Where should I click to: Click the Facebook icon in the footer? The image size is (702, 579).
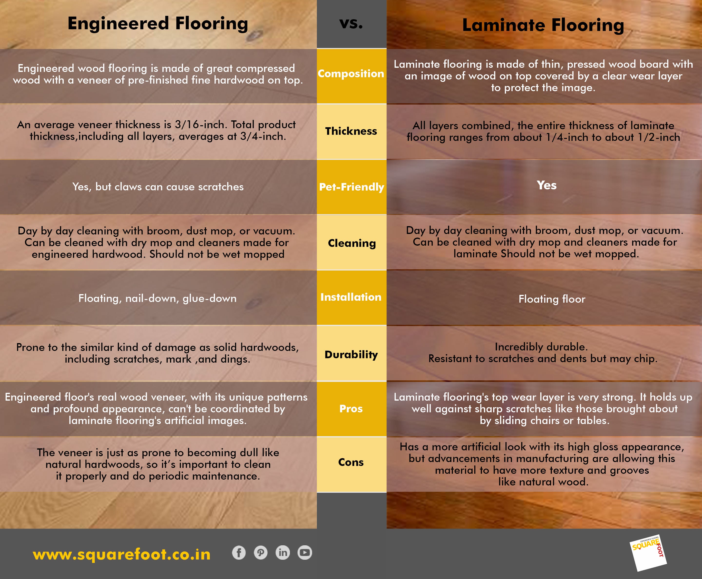pyautogui.click(x=239, y=553)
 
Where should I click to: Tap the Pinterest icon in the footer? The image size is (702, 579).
pyautogui.click(x=261, y=553)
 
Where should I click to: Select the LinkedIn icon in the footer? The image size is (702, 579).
pyautogui.click(x=283, y=553)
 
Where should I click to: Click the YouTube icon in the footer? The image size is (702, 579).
pyautogui.click(x=305, y=553)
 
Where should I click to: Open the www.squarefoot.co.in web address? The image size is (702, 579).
pyautogui.click(x=122, y=555)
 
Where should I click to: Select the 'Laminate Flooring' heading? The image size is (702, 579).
pyautogui.click(x=543, y=25)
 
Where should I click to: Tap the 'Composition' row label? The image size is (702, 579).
pyautogui.click(x=351, y=74)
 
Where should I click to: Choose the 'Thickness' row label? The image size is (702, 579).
pyautogui.click(x=351, y=131)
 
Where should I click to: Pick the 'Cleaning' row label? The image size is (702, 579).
pyautogui.click(x=352, y=243)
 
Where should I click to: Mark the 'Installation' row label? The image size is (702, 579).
pyautogui.click(x=351, y=297)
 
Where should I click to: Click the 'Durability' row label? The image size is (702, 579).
pyautogui.click(x=351, y=355)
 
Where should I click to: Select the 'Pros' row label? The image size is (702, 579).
pyautogui.click(x=351, y=409)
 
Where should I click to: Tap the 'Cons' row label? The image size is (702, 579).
pyautogui.click(x=351, y=462)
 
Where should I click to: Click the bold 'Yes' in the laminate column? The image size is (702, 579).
pyautogui.click(x=546, y=185)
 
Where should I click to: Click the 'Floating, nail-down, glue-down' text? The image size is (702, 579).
pyautogui.click(x=157, y=299)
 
